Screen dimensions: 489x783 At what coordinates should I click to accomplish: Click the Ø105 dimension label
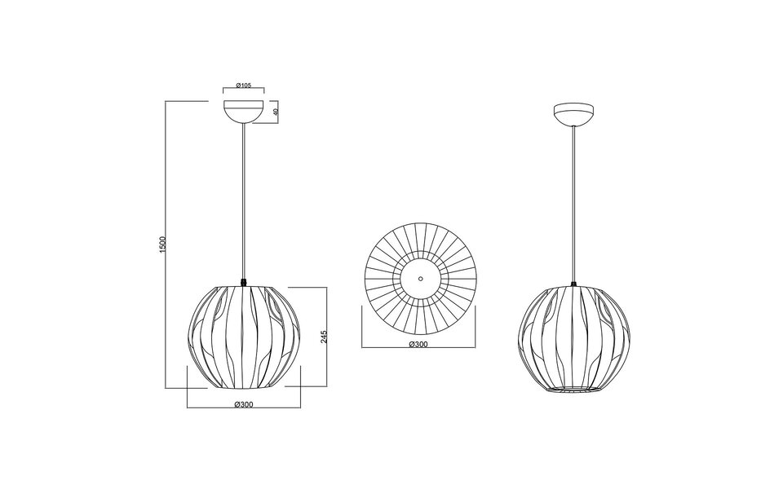pyautogui.click(x=243, y=86)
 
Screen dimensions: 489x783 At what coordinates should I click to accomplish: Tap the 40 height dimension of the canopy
pyautogui.click(x=276, y=112)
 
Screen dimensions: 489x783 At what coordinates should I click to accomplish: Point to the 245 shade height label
pyautogui.click(x=324, y=337)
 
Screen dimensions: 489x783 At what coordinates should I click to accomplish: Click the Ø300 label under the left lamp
pyautogui.click(x=243, y=405)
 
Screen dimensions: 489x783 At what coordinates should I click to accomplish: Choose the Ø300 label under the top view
pyautogui.click(x=418, y=344)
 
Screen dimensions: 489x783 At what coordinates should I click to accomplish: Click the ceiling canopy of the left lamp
pyautogui.click(x=243, y=112)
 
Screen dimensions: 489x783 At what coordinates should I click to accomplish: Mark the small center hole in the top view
pyautogui.click(x=419, y=277)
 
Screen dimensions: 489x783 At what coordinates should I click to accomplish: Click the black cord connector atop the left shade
pyautogui.click(x=243, y=282)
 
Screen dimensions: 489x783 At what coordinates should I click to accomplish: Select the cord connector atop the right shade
pyautogui.click(x=575, y=283)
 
